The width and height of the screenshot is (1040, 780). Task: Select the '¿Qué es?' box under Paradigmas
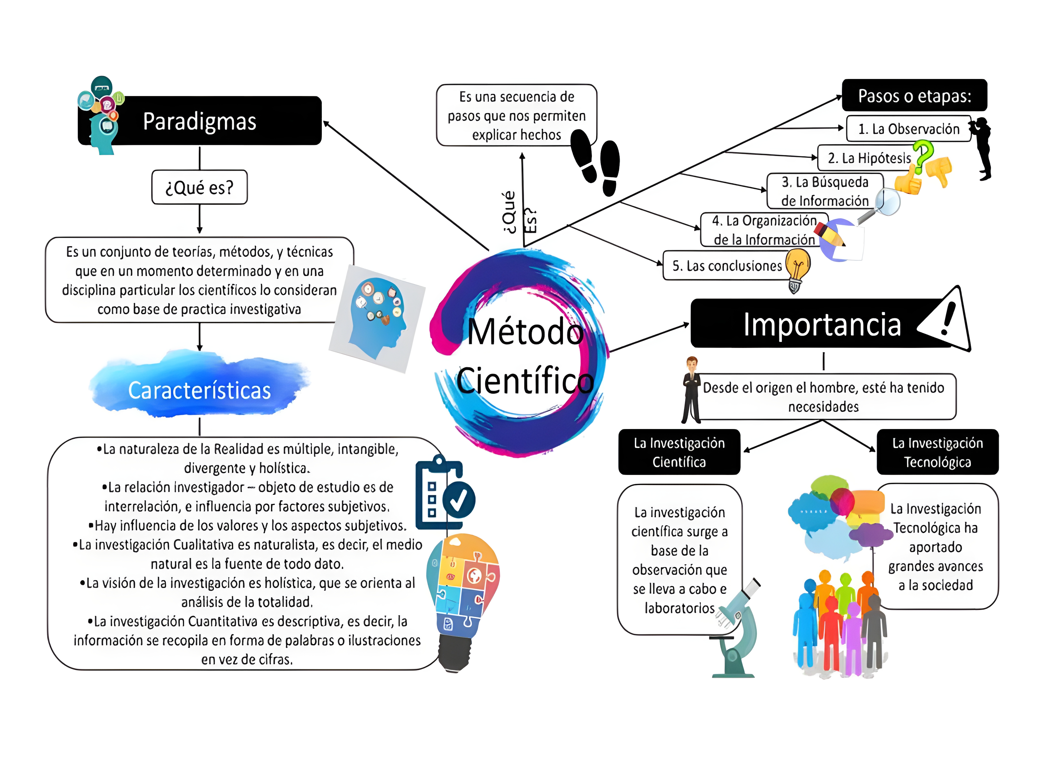point(199,187)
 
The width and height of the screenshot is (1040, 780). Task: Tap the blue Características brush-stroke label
point(199,390)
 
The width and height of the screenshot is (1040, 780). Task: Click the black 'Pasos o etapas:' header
point(914,96)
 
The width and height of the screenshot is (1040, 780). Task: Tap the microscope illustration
point(736,630)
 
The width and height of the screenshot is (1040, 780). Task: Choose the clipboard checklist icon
point(443,494)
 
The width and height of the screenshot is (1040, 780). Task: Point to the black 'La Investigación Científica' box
point(679,452)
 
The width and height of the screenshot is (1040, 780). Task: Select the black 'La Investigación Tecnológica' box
point(937,452)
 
